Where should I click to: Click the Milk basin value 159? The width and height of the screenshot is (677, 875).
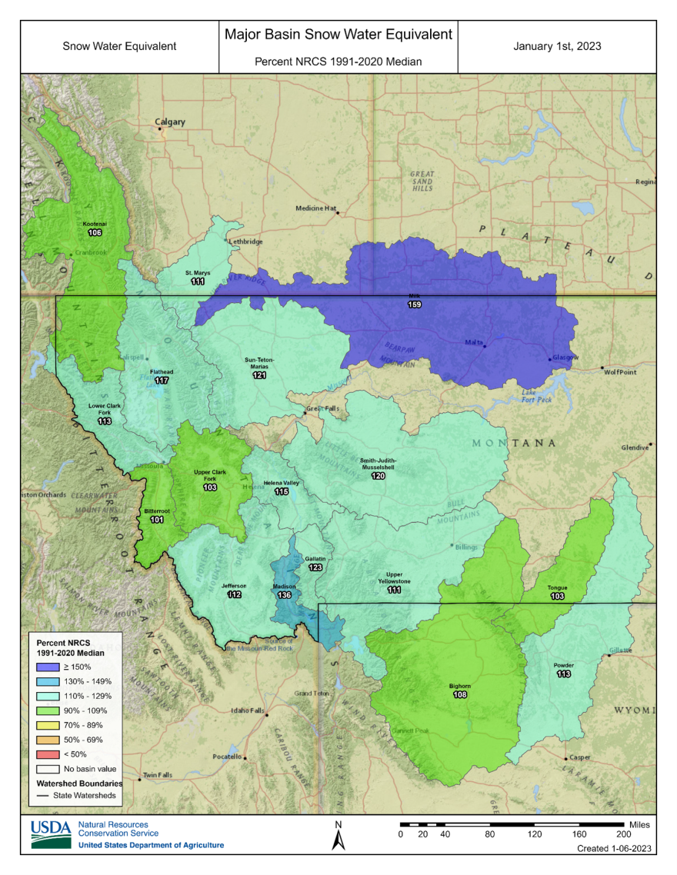click(x=414, y=305)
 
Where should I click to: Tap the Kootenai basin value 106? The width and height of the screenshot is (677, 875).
click(x=95, y=232)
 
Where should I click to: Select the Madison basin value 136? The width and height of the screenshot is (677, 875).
click(x=284, y=594)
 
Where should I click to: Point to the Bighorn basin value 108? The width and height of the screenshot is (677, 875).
click(x=459, y=694)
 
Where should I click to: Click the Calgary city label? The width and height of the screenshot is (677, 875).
click(x=170, y=121)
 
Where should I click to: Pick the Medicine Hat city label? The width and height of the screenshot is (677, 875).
click(x=316, y=208)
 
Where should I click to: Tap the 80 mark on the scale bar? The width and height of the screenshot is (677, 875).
click(x=489, y=833)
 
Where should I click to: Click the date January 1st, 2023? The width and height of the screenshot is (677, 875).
click(x=557, y=46)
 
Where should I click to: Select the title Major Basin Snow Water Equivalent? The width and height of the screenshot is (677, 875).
click(x=338, y=35)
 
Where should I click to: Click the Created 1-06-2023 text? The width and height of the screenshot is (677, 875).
click(x=615, y=849)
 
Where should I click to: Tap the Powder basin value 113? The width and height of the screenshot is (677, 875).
click(x=563, y=674)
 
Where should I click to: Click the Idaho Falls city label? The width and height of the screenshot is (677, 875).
click(x=248, y=710)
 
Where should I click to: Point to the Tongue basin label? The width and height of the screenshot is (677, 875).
click(x=557, y=587)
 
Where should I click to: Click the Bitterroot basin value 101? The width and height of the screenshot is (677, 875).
click(x=157, y=519)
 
